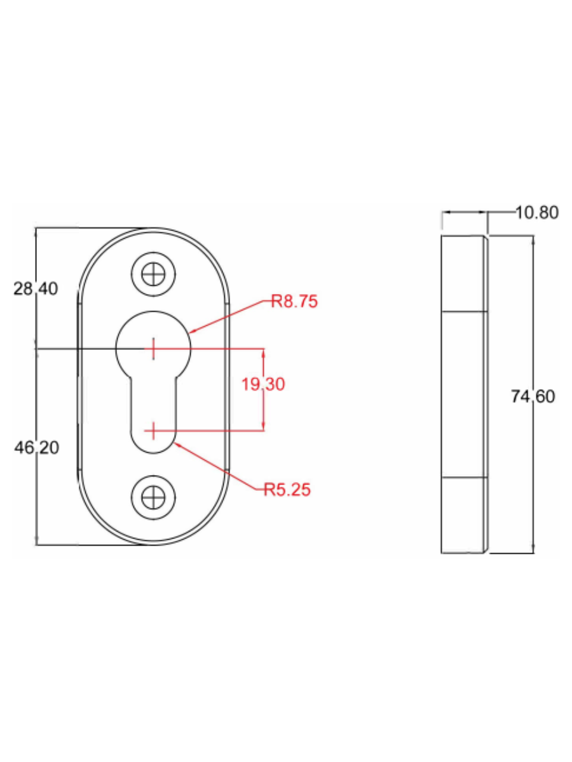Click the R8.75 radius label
tap(294, 301)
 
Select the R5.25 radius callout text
tap(287, 490)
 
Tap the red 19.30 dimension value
tap(263, 384)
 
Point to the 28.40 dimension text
tap(36, 289)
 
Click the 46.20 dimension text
tap(36, 448)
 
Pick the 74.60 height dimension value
tap(533, 396)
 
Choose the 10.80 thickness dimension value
tap(537, 212)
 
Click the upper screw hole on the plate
tap(153, 274)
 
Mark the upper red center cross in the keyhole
tap(153, 348)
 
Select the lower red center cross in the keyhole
tap(153, 431)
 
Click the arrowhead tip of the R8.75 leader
tap(189, 333)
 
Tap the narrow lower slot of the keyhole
tap(153, 406)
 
